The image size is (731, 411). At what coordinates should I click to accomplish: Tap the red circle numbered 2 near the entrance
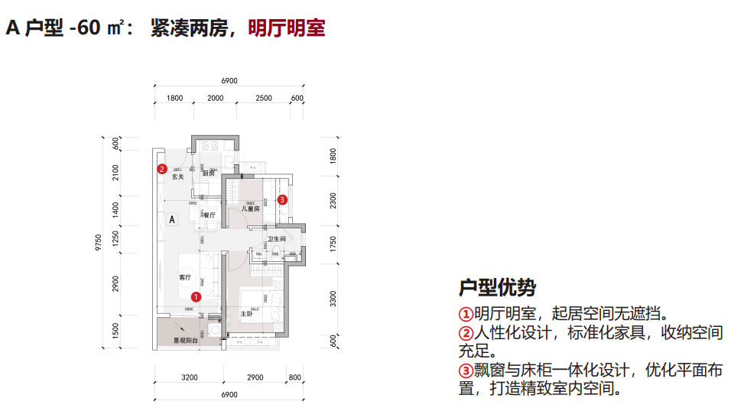[x=162, y=169]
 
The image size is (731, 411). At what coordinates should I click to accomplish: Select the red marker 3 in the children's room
[x=282, y=199]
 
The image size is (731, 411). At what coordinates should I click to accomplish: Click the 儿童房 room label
[x=252, y=208]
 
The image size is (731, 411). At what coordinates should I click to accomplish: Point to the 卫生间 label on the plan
[x=276, y=240]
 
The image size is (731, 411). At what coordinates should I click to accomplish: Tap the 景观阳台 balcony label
[x=185, y=341]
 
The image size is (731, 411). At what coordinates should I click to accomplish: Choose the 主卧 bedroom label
[x=247, y=314]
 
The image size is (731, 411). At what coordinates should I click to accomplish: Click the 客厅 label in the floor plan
[x=184, y=277]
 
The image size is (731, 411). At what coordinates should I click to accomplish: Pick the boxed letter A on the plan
[x=173, y=219]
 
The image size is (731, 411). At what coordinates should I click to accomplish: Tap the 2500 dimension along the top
[x=264, y=98]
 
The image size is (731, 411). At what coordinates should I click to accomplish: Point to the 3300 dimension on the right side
[x=333, y=298]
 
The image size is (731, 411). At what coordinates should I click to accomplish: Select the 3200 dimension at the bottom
[x=189, y=377]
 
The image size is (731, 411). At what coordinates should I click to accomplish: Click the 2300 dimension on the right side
[x=333, y=201]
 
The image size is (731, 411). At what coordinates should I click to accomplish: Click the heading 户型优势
[x=497, y=288]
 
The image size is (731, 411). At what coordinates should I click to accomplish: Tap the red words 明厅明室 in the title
[x=287, y=28]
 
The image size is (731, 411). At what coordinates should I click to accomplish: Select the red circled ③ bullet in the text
[x=466, y=371]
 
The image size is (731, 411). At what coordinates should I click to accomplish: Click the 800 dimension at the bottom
[x=295, y=377]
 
